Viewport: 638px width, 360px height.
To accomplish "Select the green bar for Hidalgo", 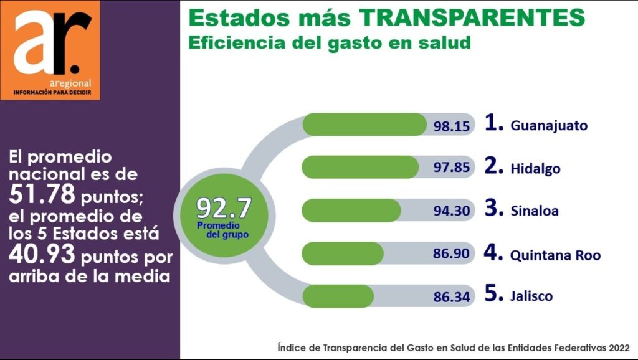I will (x=360, y=167).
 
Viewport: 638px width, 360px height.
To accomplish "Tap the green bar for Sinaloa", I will (x=351, y=210).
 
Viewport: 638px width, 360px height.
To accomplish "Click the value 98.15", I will (x=451, y=126).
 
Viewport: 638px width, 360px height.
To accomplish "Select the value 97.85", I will (x=451, y=169).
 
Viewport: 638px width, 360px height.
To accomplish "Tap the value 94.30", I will (x=451, y=211).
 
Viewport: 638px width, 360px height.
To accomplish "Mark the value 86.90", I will (x=451, y=254).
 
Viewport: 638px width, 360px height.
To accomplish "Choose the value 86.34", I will (x=451, y=297).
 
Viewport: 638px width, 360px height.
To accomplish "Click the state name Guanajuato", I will (x=549, y=126).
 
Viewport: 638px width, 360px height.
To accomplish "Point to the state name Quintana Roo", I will (x=555, y=255).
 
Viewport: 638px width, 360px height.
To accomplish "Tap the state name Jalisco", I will (x=531, y=296).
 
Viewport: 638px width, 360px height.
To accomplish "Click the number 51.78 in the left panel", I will (x=43, y=195).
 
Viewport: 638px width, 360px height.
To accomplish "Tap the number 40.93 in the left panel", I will (x=43, y=255).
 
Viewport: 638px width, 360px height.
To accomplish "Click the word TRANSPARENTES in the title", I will (x=474, y=18).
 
